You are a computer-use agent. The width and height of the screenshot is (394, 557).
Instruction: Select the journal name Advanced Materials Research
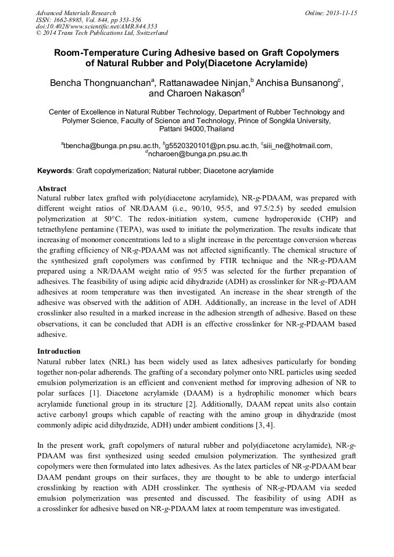[76, 13]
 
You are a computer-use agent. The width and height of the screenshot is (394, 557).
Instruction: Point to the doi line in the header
[96, 27]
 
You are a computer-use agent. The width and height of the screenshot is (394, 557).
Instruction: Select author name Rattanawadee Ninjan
[203, 82]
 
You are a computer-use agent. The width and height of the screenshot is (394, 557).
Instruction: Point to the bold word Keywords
[55, 171]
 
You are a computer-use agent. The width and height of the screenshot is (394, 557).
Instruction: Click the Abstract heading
[52, 189]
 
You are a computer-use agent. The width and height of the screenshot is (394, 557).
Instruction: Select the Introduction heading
[59, 351]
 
